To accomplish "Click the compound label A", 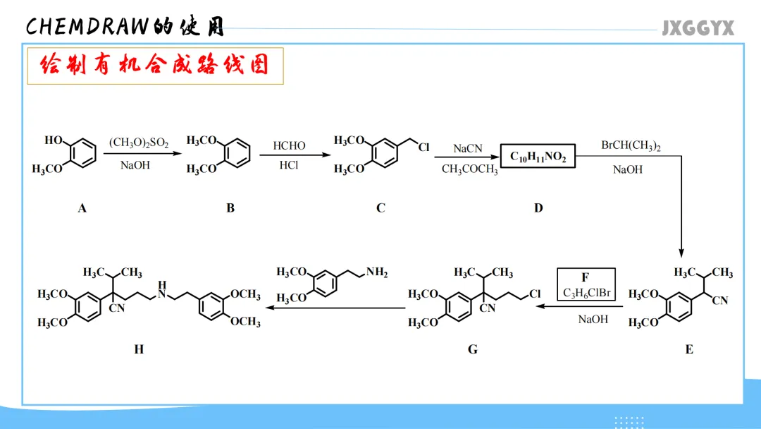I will (x=82, y=208).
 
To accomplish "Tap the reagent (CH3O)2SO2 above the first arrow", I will (x=139, y=143).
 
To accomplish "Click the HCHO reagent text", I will (x=290, y=146).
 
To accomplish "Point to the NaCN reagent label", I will (x=468, y=148).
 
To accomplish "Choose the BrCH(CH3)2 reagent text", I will (x=631, y=145).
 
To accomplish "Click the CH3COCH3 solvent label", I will (x=469, y=170).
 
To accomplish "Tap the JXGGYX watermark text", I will (x=698, y=28).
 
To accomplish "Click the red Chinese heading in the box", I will (x=155, y=66).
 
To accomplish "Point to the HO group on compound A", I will (x=54, y=140).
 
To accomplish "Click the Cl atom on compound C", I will (x=424, y=147).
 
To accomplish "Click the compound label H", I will (x=139, y=349).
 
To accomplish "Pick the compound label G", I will (x=472, y=349).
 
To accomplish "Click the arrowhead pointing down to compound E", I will (x=681, y=252).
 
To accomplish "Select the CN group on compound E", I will (x=720, y=301).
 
